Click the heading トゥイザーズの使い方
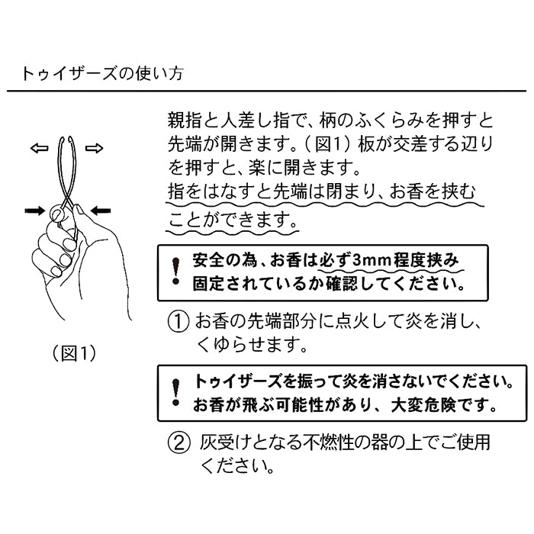pos(102,73)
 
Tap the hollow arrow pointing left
pos(39,148)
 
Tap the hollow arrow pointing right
pos(94,148)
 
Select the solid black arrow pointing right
pos(35,211)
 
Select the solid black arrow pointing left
pos(101,211)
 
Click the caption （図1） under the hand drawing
pos(74,353)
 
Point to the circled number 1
pos(179,322)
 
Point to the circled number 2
pos(179,443)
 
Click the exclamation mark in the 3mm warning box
pos(175,271)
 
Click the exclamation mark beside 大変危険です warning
pos(175,392)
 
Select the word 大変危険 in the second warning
pos(423,405)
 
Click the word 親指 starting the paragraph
pos(185,121)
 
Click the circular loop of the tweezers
pos(56,214)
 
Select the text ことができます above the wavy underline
pos(233,220)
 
